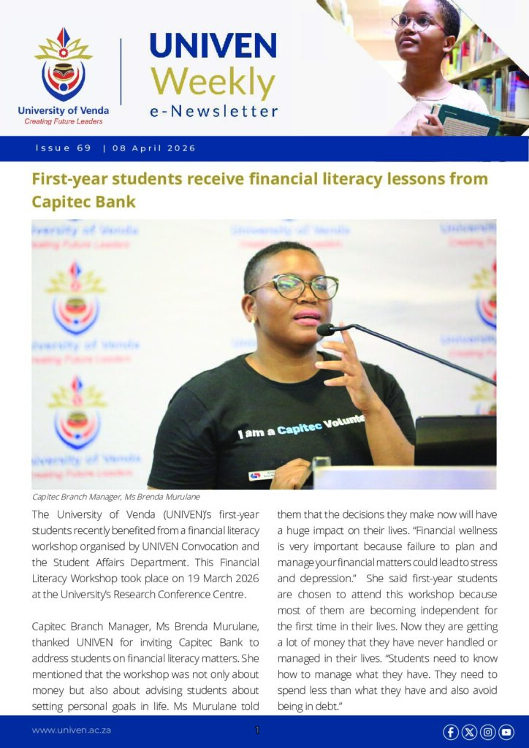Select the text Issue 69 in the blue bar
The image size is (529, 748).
point(64,148)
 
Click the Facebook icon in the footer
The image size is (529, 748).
point(451,731)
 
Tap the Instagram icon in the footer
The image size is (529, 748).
point(487,731)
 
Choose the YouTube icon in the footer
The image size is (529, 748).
point(506,731)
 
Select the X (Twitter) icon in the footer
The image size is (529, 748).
point(469,731)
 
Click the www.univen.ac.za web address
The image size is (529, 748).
point(71,730)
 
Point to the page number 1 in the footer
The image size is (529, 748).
point(257,730)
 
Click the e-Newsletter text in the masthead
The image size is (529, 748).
point(213,112)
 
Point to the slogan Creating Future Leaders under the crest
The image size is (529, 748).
point(64,121)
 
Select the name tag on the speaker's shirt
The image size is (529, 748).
point(262,475)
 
